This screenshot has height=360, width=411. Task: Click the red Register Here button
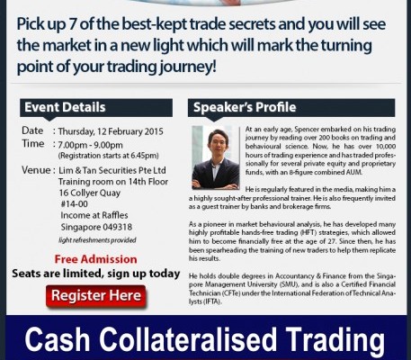pyautogui.click(x=96, y=296)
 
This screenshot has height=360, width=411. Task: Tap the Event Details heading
pyautogui.click(x=65, y=107)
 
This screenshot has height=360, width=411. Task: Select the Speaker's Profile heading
pyautogui.click(x=245, y=107)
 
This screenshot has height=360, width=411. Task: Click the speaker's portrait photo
pyautogui.click(x=216, y=157)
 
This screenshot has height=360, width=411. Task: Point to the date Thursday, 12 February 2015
pyautogui.click(x=111, y=131)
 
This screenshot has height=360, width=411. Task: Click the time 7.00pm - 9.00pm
pyautogui.click(x=90, y=145)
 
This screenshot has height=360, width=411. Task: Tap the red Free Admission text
pyautogui.click(x=95, y=259)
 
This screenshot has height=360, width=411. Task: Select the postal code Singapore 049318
pyautogui.click(x=96, y=227)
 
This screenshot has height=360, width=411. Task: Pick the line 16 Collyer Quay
pyautogui.click(x=90, y=193)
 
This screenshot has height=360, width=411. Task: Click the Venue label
pyautogui.click(x=36, y=170)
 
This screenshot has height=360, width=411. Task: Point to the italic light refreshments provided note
pyautogui.click(x=97, y=240)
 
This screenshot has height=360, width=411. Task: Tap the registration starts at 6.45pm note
pyautogui.click(x=108, y=156)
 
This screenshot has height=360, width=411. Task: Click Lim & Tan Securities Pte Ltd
pyautogui.click(x=112, y=170)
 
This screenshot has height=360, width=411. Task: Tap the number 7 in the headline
pyautogui.click(x=72, y=24)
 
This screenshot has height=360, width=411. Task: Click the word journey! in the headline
pyautogui.click(x=188, y=67)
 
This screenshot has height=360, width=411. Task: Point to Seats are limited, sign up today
pyautogui.click(x=96, y=274)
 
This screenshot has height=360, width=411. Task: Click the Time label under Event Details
pyautogui.click(x=33, y=143)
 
